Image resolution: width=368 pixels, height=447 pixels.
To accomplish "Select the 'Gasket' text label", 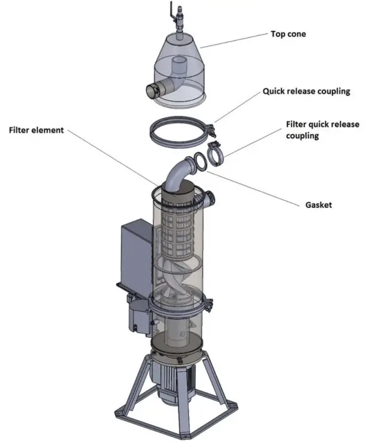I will click(318, 205).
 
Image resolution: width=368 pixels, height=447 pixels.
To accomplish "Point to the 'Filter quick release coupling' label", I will click(322, 129).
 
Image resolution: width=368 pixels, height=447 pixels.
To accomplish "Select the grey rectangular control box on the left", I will click(135, 252).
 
